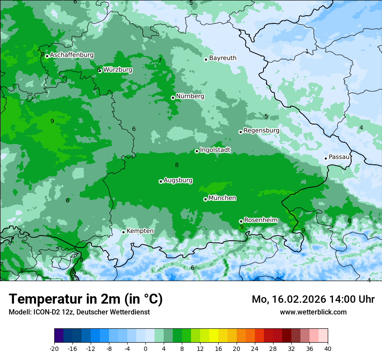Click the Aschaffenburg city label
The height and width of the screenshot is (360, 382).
[72, 55]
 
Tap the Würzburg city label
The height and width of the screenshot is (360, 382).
[118, 70]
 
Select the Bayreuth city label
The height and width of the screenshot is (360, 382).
[223, 58]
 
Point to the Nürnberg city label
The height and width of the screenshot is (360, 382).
[190, 96]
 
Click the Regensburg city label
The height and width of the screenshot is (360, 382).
[261, 130]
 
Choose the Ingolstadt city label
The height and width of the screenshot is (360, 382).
[215, 150]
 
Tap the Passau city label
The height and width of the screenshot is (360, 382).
[339, 157]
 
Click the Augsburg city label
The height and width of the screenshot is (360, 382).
[178, 180]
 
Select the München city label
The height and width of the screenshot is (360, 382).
[222, 198]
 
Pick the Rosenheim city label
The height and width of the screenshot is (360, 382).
[260, 220]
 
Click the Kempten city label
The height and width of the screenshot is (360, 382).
[140, 231]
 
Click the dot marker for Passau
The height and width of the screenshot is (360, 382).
[326, 158]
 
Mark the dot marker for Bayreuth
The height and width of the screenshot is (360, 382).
[206, 59]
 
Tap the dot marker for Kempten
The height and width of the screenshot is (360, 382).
[123, 232]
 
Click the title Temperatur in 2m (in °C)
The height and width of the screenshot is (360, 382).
[86, 299]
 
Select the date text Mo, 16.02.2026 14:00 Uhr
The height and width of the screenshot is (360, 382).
[313, 299]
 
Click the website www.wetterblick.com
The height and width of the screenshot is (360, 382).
[313, 312]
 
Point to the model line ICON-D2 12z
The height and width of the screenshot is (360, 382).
[79, 312]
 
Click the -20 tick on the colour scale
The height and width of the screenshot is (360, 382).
[54, 348]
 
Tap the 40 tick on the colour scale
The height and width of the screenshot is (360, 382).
[328, 348]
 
